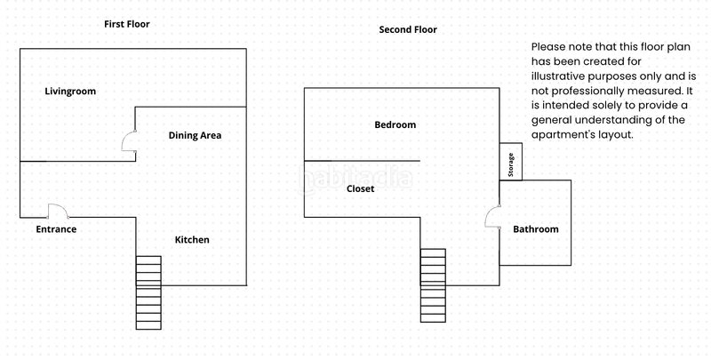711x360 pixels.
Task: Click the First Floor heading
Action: coord(127,24)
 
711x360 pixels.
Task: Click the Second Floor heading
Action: coord(408,29)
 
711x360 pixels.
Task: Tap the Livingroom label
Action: coord(70,92)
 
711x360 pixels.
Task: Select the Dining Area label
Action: coord(195,136)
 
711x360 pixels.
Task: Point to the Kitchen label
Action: coord(192,240)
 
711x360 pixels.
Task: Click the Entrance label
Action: coord(56,229)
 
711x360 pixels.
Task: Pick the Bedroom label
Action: coord(395,125)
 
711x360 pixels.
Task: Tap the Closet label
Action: coord(360,189)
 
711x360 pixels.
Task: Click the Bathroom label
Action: coord(536,229)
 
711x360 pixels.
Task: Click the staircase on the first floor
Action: coord(148,292)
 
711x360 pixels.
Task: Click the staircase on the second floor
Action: coord(433,285)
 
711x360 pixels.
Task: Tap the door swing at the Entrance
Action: coord(58,211)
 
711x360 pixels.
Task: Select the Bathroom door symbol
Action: coord(492,216)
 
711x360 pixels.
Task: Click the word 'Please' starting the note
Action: coord(548,46)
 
